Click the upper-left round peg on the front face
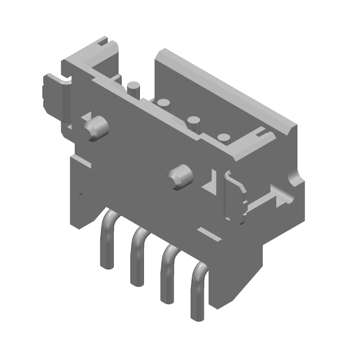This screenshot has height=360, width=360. click(x=96, y=128)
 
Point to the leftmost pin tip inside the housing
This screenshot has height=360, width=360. click(x=133, y=87)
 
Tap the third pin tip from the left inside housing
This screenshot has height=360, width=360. click(x=194, y=121)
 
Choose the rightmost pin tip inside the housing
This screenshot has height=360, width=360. click(x=223, y=139)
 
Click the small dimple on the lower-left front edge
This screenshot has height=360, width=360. click(x=81, y=195)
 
